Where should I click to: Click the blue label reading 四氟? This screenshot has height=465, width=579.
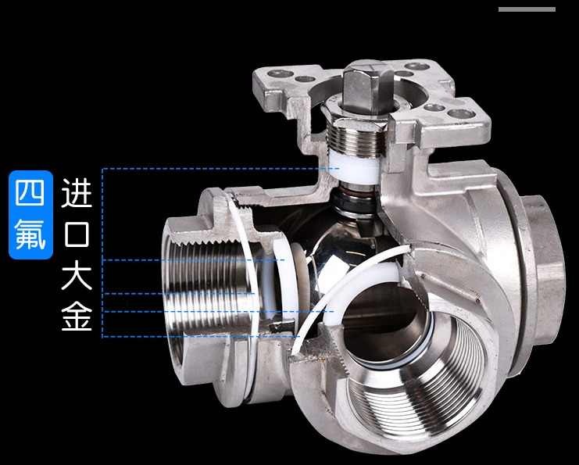coord(31,215)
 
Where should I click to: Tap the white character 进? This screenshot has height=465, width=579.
coord(77,192)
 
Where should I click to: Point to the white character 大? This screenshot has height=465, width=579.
coord(77,274)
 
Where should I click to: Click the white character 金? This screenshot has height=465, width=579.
coord(77,315)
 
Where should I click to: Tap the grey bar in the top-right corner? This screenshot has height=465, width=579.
coord(527,9)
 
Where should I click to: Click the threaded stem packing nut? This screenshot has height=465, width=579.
coord(356,137)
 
